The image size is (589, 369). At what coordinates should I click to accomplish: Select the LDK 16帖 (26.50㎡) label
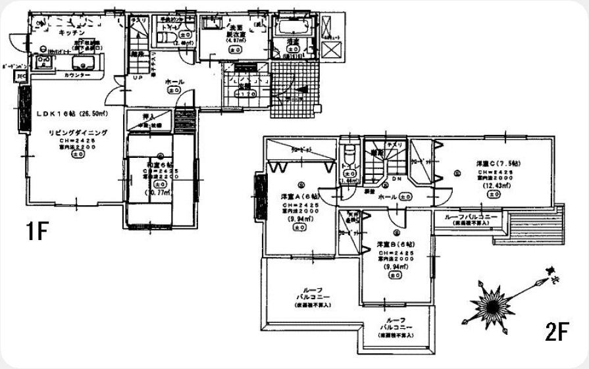point(72,113)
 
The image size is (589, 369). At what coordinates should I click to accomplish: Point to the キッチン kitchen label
point(70,32)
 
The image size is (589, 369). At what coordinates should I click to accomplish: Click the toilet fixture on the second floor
point(349,161)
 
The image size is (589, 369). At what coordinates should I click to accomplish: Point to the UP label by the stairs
point(138,78)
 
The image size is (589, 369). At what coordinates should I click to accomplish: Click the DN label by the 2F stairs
point(397,180)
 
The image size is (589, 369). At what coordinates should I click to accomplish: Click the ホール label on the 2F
point(388,197)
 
